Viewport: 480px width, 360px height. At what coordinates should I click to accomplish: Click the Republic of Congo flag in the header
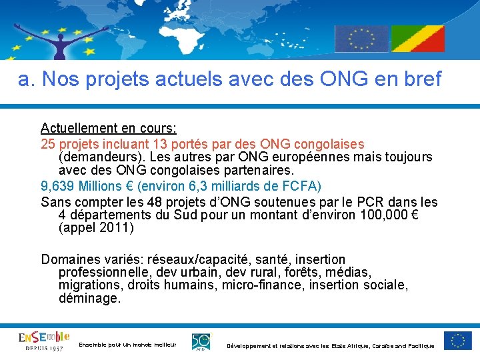417,39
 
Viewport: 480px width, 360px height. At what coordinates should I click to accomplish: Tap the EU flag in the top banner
361,39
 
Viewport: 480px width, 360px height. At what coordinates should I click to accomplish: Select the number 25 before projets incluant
48,144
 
